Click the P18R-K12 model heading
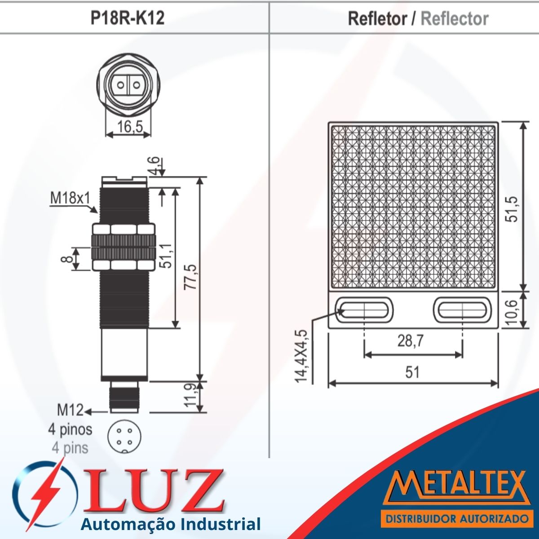coord(127,18)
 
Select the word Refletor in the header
coord(377,18)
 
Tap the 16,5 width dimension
coord(128,127)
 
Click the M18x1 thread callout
coord(70,198)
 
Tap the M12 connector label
coord(70,410)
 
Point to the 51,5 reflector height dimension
coord(512,209)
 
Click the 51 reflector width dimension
coord(412,372)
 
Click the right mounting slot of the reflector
coord(460,309)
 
